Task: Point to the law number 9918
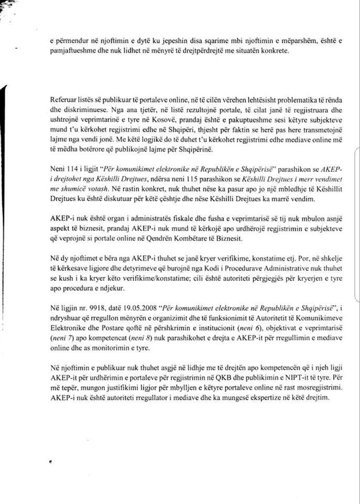point(86,306)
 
